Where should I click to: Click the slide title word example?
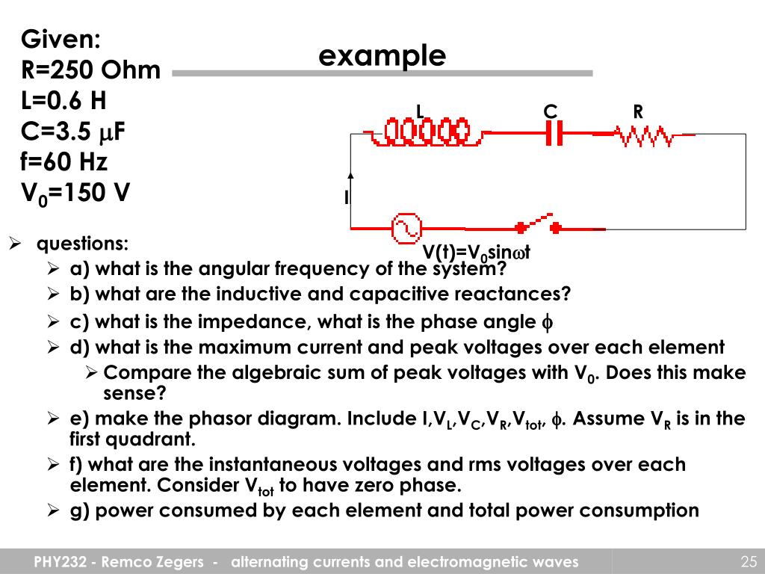(382, 56)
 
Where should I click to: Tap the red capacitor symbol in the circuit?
(554, 135)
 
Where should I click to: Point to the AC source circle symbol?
(407, 228)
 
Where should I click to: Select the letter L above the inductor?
(420, 112)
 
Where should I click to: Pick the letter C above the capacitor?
(550, 112)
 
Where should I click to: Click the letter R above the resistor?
(638, 112)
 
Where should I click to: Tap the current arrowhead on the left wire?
(350, 176)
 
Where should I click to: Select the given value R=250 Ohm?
(90, 70)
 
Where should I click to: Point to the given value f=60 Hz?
(64, 162)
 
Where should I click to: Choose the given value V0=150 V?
(75, 194)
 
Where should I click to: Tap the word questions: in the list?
(83, 244)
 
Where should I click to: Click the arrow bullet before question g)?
(54, 511)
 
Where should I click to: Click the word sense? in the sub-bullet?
(134, 393)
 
